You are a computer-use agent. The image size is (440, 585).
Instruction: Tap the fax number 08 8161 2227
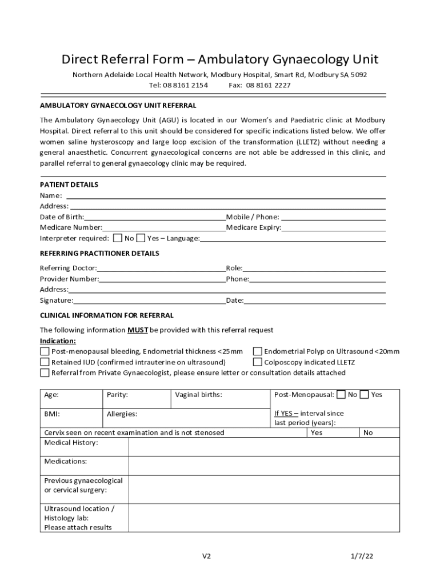click(268, 85)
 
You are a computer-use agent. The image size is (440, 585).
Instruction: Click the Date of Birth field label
click(62, 217)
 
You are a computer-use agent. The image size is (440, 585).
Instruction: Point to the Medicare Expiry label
click(254, 227)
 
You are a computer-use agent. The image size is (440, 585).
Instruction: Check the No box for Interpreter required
click(118, 238)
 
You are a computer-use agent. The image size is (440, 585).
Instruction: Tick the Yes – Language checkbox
click(141, 238)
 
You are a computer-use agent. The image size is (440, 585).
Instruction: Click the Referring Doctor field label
click(68, 268)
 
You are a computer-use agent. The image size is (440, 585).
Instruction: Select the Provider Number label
click(69, 279)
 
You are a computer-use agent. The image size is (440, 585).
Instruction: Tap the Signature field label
click(57, 300)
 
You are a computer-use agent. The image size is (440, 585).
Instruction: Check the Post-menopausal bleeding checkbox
click(45, 351)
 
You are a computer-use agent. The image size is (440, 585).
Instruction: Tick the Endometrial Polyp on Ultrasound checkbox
click(257, 351)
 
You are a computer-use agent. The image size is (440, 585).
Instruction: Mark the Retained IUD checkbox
click(45, 362)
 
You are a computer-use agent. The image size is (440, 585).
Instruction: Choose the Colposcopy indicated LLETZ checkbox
click(257, 362)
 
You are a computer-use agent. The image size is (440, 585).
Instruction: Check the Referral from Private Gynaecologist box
click(45, 373)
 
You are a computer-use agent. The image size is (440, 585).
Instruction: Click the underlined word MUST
click(138, 330)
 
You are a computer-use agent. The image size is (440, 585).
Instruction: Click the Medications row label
click(66, 461)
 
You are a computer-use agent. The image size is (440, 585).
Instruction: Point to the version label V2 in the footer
click(207, 556)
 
